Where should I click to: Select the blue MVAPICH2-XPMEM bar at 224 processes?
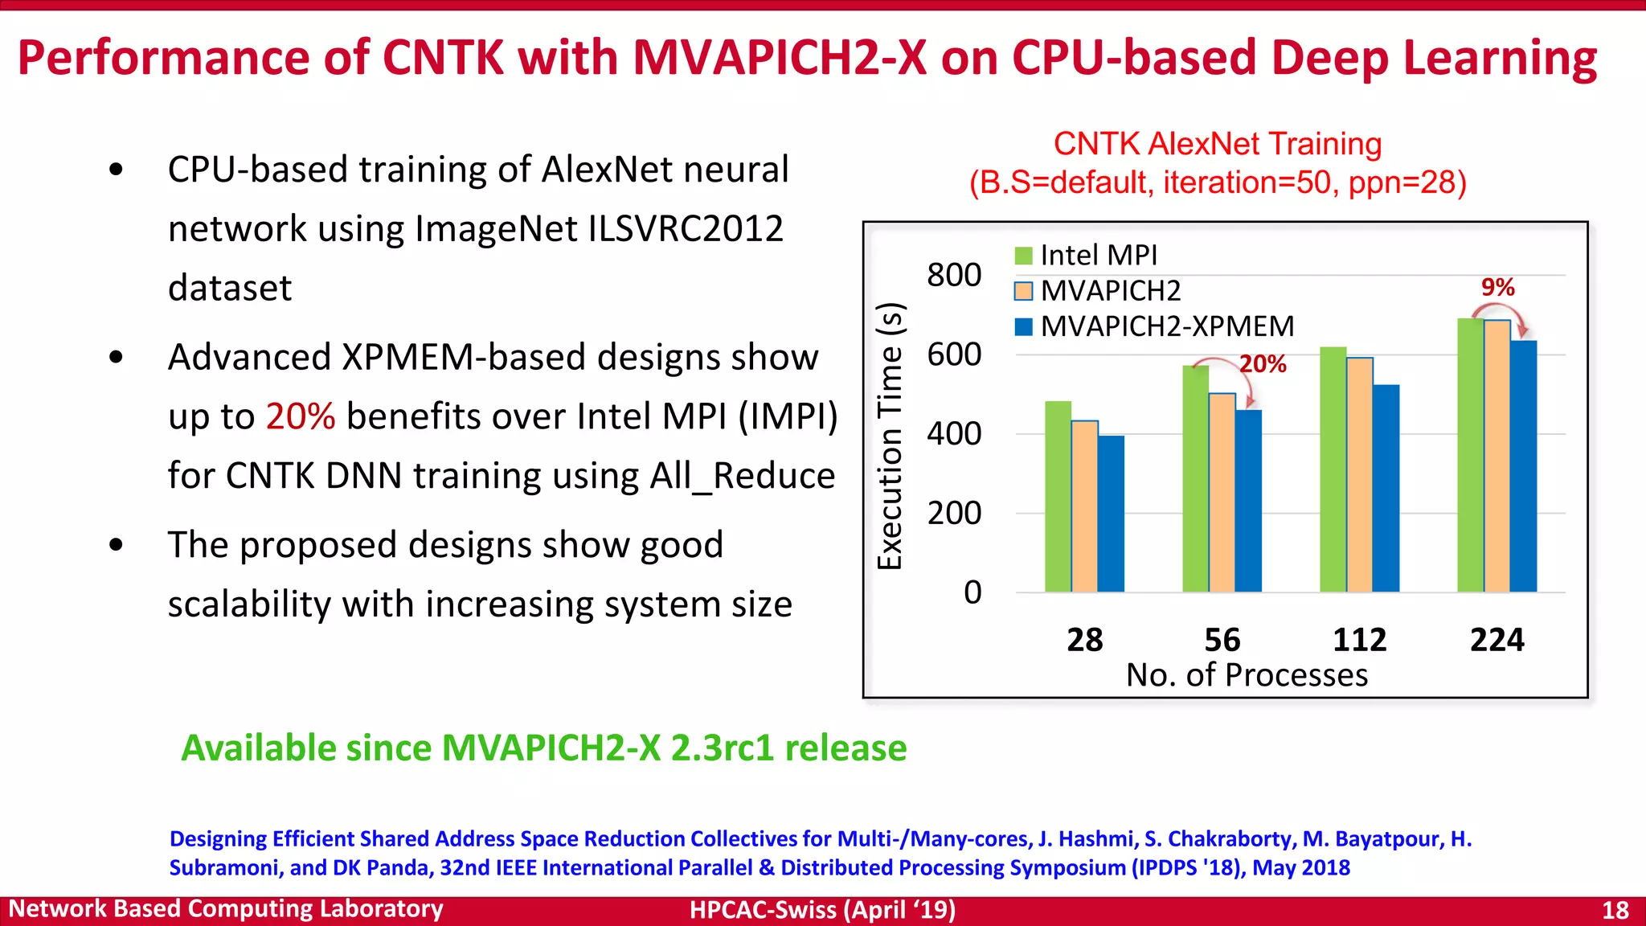pos(1523,466)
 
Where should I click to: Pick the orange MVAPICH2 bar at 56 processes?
pos(1222,493)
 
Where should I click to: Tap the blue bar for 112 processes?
pos(1386,489)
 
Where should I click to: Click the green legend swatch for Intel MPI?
pos(1023,256)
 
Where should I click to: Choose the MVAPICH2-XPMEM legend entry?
pos(1166,326)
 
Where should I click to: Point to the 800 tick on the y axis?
pos(954,275)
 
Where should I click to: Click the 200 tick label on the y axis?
pos(954,513)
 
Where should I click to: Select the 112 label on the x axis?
pos(1359,640)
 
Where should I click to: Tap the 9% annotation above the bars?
pos(1497,287)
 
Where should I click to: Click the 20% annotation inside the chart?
pos(1263,364)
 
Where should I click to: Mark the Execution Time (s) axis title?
pos(891,436)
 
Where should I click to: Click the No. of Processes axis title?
pos(1247,675)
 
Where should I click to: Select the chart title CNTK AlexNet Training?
pos(1217,144)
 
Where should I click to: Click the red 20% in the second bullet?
pos(300,416)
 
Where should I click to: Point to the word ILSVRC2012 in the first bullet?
pos(686,229)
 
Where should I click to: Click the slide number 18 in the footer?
pos(1615,910)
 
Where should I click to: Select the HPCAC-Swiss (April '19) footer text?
pos(822,910)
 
